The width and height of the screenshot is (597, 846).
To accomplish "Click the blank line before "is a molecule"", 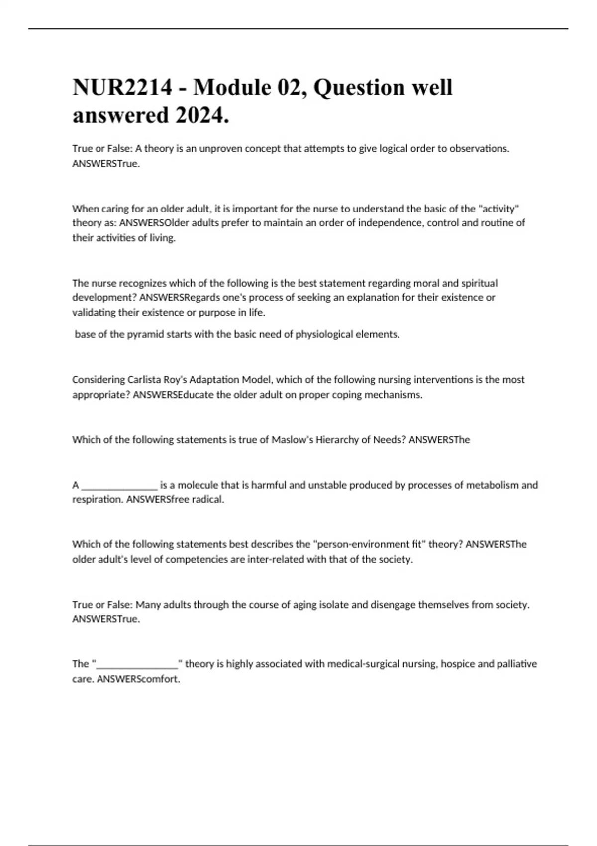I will pyautogui.click(x=119, y=485).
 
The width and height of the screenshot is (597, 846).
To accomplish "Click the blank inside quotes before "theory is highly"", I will pyautogui.click(x=137, y=664).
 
